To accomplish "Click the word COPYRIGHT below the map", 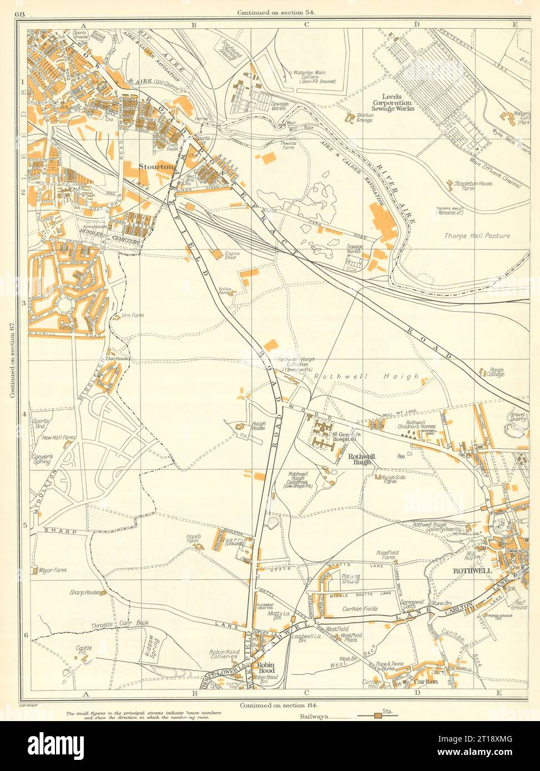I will click(x=28, y=706).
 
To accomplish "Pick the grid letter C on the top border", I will click(x=306, y=24).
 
